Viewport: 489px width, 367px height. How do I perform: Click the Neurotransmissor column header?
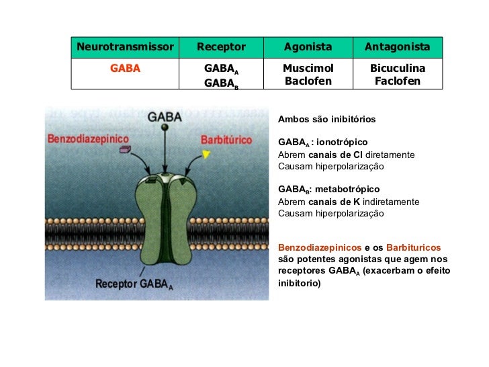[125, 47]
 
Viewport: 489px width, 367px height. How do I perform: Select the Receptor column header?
[221, 47]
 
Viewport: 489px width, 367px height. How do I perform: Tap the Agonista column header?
[308, 47]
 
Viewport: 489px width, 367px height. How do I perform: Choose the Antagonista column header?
[397, 47]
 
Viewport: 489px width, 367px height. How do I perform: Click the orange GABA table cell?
[125, 69]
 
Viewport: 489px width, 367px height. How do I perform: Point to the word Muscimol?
[308, 69]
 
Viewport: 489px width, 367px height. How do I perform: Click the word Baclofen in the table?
[308, 81]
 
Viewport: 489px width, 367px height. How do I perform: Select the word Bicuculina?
[397, 69]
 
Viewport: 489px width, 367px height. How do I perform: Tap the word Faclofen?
[397, 81]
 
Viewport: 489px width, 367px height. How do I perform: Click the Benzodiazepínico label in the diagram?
[88, 139]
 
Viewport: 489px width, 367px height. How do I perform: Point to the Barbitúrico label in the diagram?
[226, 140]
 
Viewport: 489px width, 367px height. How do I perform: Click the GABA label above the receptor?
[165, 116]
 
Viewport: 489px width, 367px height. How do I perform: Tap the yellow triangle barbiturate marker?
[206, 155]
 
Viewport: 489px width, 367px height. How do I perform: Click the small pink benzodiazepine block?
[124, 150]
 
